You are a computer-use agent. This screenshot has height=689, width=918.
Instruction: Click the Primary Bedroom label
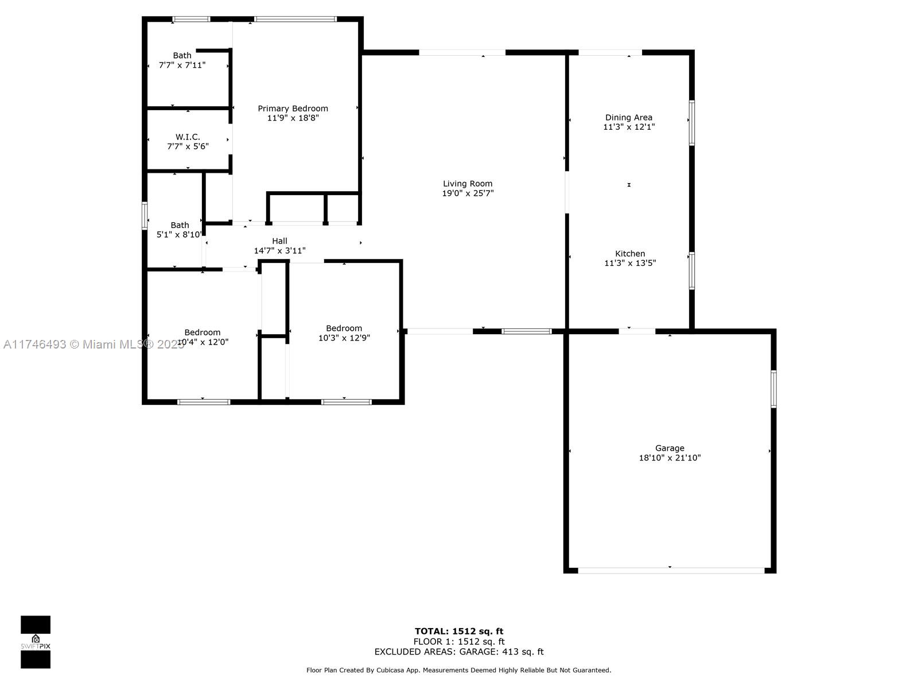293,109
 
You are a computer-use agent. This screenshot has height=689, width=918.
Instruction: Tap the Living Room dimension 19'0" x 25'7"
468,193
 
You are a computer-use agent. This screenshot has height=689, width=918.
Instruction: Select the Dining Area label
629,118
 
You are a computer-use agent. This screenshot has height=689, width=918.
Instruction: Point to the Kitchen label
630,254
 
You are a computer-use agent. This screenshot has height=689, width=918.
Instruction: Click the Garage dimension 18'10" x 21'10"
670,458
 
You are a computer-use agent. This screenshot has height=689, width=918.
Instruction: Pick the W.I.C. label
188,137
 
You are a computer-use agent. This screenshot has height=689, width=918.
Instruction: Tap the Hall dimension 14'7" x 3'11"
280,250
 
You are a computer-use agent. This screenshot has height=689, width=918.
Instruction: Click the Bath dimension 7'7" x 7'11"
182,65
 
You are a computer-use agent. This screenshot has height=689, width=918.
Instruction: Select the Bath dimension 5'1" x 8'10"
179,235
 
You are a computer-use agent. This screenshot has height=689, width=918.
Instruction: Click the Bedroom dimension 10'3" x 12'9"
344,338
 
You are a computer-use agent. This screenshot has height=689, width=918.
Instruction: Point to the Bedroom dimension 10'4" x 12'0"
203,342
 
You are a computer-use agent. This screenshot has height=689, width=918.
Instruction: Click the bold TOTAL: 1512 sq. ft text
459,631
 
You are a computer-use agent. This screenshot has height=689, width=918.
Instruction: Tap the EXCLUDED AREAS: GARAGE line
459,652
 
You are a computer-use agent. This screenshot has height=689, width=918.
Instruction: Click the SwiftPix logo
36,642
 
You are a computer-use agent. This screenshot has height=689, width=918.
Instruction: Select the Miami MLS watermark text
94,344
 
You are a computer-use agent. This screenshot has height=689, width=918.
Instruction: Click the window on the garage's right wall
773,389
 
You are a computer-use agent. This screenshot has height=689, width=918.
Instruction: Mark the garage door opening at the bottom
671,571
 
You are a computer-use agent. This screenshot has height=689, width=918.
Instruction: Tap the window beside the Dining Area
692,123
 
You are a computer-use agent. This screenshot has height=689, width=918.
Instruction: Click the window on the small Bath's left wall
145,216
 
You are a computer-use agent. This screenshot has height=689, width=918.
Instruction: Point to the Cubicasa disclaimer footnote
459,670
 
